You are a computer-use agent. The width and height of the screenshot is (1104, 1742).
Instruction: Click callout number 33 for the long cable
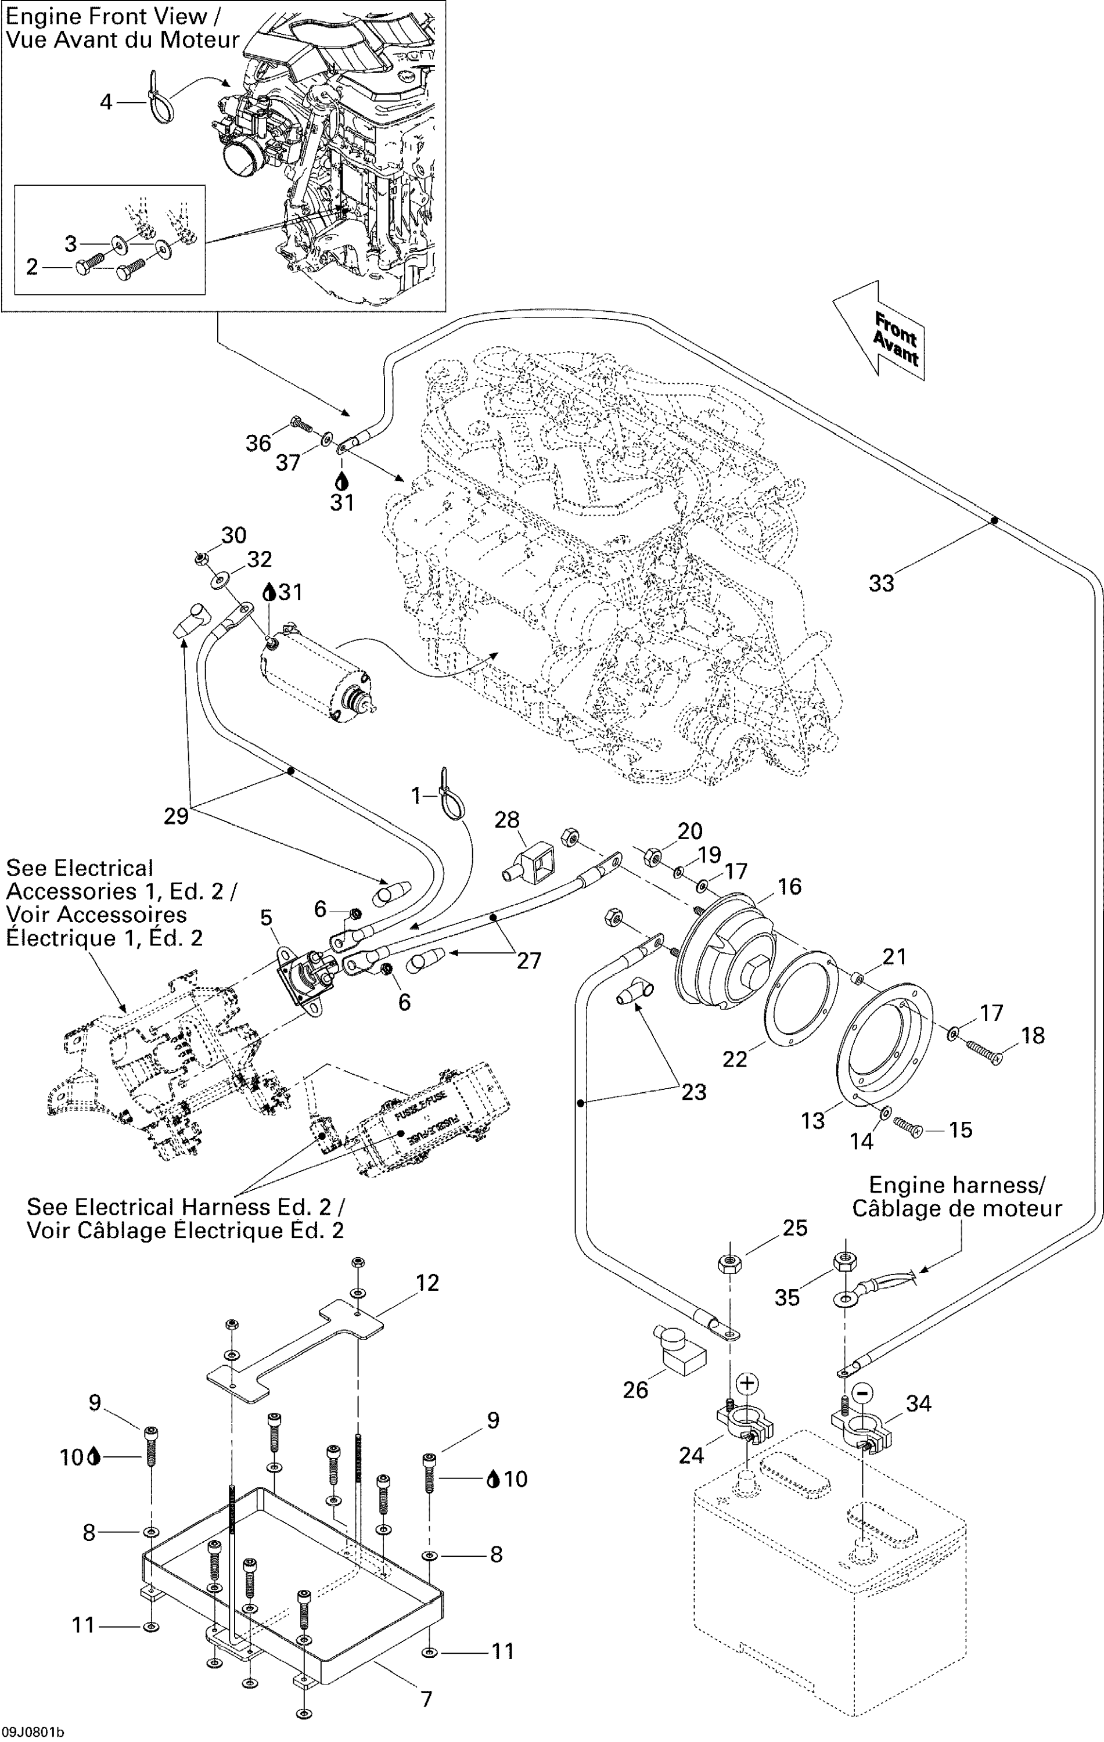click(x=881, y=583)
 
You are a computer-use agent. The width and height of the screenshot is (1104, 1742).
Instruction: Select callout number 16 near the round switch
click(x=789, y=886)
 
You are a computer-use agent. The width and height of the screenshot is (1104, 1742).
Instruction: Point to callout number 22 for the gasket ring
click(x=734, y=1059)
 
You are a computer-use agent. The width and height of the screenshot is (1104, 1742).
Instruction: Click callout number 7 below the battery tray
click(x=426, y=1698)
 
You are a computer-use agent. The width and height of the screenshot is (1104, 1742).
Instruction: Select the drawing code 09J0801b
click(x=33, y=1733)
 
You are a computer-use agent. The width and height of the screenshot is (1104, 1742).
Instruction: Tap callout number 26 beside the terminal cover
click(x=635, y=1389)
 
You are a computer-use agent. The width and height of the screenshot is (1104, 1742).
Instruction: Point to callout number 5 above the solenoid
click(x=266, y=918)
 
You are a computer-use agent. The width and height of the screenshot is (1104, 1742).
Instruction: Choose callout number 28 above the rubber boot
click(x=506, y=820)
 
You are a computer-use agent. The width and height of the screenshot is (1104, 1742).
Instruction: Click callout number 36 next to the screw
click(x=257, y=442)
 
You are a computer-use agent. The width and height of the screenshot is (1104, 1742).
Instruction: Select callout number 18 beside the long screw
click(x=1033, y=1035)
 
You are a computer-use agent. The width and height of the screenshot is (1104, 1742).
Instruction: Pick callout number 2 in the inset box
click(x=32, y=267)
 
